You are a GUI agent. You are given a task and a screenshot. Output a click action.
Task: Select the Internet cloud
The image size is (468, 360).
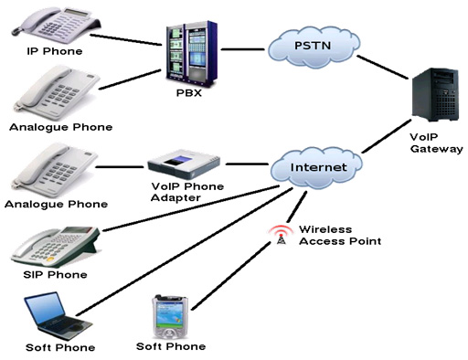(x=317, y=167)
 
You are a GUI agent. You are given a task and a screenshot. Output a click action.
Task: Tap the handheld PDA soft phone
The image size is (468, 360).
(x=170, y=316)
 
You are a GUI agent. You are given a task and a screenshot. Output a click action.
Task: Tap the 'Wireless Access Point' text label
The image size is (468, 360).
(x=339, y=235)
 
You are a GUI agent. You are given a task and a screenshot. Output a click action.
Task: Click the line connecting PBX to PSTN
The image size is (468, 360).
(x=246, y=48)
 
